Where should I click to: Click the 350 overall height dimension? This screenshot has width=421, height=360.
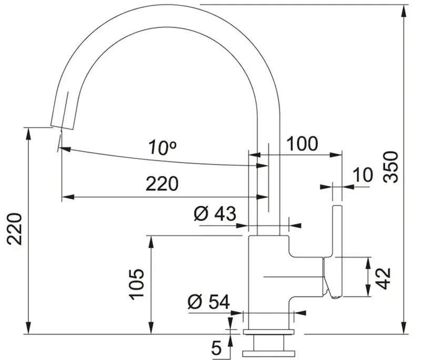[x=391, y=167]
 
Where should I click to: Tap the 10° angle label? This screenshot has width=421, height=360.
[x=163, y=147]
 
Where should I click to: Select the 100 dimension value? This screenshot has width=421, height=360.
[x=302, y=144]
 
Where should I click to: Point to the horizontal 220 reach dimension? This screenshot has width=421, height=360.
[x=162, y=184]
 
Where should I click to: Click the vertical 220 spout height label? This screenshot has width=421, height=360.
[x=14, y=229]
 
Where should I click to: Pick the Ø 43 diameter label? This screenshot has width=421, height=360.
[x=215, y=214]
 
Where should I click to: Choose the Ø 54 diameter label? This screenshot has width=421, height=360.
[x=208, y=302]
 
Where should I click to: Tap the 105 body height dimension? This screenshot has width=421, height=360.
[x=137, y=284]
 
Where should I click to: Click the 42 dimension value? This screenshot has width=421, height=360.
[x=383, y=278]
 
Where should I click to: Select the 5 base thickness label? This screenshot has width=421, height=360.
[x=216, y=348]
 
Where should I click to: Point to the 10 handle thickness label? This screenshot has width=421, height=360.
[x=363, y=175]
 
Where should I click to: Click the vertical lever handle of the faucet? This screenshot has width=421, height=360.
[x=337, y=252]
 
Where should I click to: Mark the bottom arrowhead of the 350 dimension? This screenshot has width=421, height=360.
[x=405, y=327]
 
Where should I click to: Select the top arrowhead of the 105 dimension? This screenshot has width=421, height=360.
[x=152, y=243]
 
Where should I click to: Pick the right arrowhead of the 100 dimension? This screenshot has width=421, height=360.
[x=336, y=155]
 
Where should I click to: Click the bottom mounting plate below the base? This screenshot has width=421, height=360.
[x=269, y=353]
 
